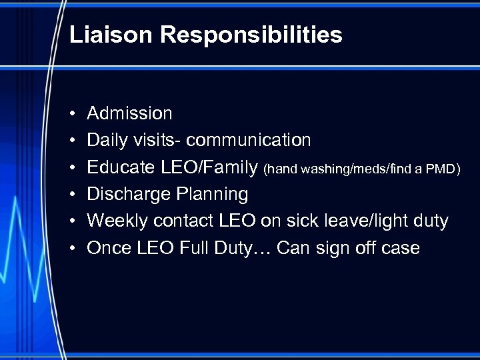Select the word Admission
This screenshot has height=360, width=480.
coord(129,114)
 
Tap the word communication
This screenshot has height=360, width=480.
coord(249,141)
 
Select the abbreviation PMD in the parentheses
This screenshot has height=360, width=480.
coord(440,169)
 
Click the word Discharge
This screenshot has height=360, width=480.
coord(128,195)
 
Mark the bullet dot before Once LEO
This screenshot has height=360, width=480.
coord(71,249)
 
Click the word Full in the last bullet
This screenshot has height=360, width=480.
coord(190,248)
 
